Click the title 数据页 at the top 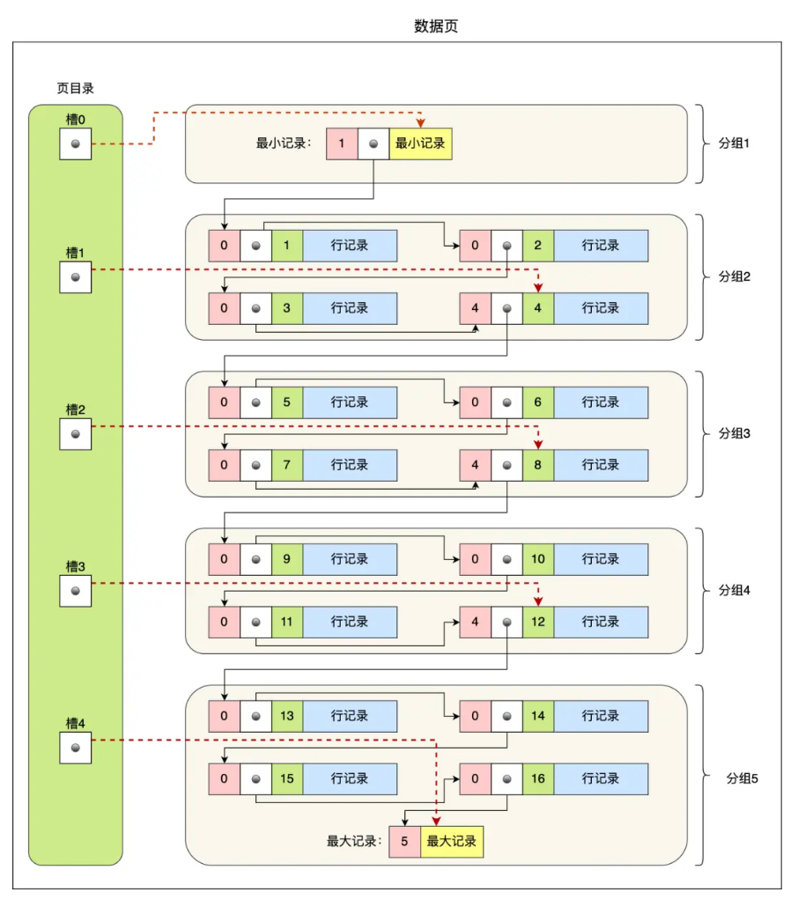(x=436, y=26)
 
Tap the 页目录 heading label (x=75, y=88)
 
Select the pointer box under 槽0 (x=75, y=144)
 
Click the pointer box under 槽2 (x=75, y=433)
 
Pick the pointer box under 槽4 (x=75, y=748)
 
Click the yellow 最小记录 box (x=420, y=144)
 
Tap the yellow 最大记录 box (x=452, y=841)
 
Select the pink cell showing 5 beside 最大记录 (x=404, y=841)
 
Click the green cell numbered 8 (x=537, y=465)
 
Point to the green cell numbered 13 (x=287, y=716)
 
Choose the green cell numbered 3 (x=287, y=308)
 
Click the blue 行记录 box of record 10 (x=601, y=559)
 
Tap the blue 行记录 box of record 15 (x=350, y=778)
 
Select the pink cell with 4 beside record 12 (x=475, y=622)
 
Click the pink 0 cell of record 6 (x=475, y=402)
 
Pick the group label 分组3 (x=733, y=433)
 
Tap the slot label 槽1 (x=75, y=253)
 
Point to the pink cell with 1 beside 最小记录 (x=342, y=144)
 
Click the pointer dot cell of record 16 (x=506, y=778)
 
